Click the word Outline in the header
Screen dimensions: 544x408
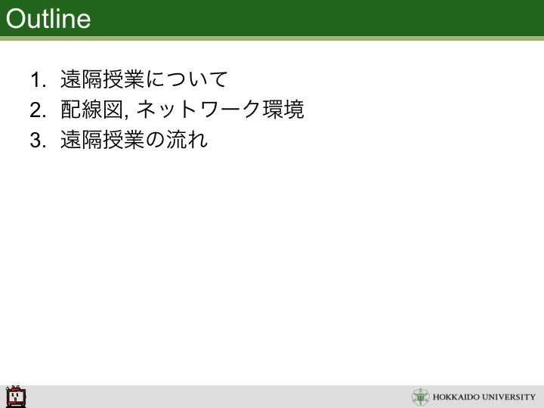click(48, 19)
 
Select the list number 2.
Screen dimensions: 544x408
click(38, 110)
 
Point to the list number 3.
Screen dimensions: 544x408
click(38, 141)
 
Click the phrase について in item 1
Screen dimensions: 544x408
click(187, 79)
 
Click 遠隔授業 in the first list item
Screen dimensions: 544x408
click(102, 79)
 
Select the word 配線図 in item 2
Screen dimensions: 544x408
click(92, 110)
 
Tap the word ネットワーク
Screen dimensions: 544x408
click(199, 110)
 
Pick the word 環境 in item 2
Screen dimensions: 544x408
click(283, 110)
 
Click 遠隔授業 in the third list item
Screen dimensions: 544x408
click(102, 140)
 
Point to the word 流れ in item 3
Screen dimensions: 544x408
click(187, 140)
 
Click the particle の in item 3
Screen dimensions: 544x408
click(155, 141)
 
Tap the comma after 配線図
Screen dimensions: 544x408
click(126, 116)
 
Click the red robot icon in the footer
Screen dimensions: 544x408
click(16, 397)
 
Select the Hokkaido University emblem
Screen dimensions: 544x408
click(421, 397)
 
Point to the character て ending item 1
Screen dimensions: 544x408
click(217, 79)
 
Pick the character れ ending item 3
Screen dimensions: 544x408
click(198, 140)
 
